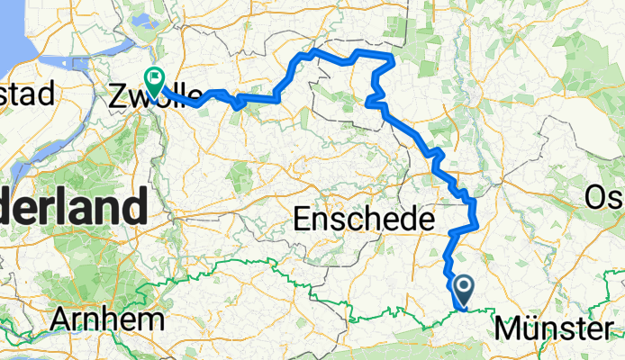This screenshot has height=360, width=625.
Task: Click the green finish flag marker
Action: pyautogui.click(x=155, y=83)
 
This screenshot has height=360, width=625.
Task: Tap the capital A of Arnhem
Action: pyautogui.click(x=64, y=319)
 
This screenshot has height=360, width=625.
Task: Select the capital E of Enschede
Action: pyautogui.click(x=303, y=219)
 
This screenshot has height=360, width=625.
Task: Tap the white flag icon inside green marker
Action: pyautogui.click(x=155, y=78)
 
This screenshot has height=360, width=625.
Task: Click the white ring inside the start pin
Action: pyautogui.click(x=465, y=286)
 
